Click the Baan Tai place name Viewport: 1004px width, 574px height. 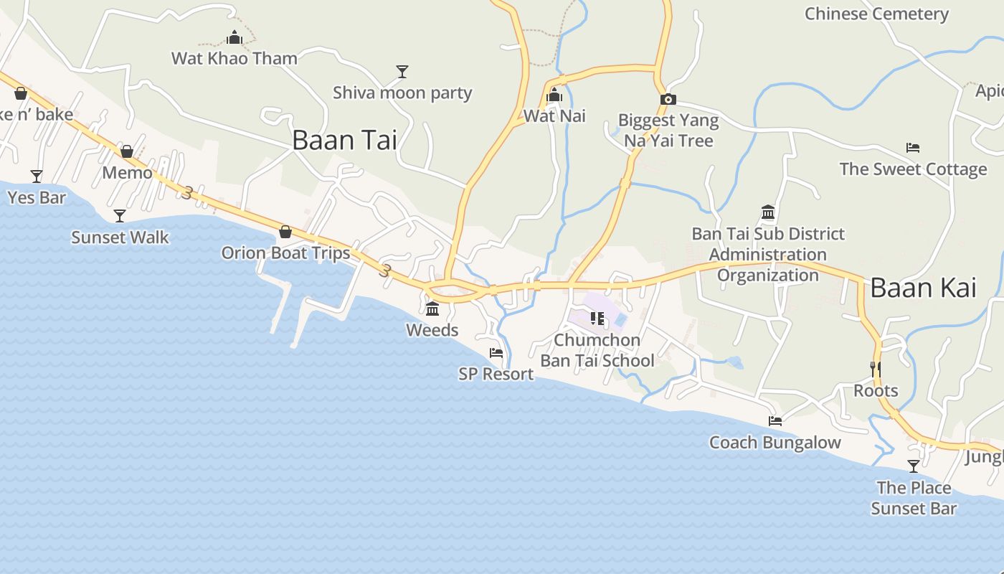tap(344, 140)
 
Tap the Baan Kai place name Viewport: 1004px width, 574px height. tap(923, 288)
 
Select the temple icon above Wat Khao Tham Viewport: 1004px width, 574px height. tap(235, 38)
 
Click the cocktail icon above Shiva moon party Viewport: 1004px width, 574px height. tap(402, 71)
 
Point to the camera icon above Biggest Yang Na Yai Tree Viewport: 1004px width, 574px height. tap(668, 100)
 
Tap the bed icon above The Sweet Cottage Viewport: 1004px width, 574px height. tap(913, 148)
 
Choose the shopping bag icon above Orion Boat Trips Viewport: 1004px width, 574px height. tap(285, 232)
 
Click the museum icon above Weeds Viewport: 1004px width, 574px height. tap(432, 309)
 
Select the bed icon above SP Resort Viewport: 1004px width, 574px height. tap(496, 353)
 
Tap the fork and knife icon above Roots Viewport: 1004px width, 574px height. tap(876, 370)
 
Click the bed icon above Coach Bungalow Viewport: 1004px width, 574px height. tap(775, 421)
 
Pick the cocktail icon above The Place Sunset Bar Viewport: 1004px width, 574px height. tap(914, 466)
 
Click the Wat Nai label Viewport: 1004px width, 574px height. tap(554, 116)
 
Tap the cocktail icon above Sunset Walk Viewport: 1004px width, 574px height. tap(120, 216)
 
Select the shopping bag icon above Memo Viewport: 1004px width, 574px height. tap(127, 151)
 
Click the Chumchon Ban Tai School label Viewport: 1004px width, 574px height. tap(597, 350)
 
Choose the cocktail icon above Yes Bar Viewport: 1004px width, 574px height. tap(37, 176)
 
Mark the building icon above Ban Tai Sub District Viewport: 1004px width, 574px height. tap(768, 212)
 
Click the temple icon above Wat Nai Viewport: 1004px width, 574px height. tap(554, 95)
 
